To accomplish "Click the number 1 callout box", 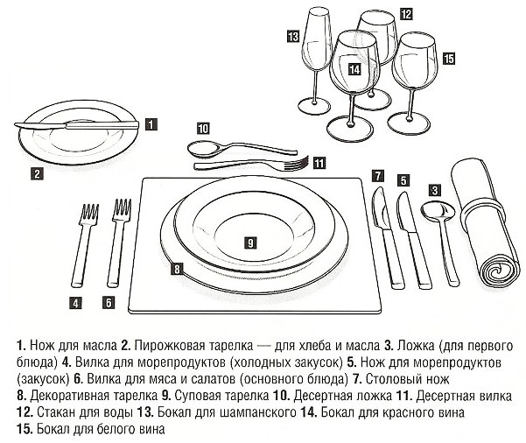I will click(152, 124).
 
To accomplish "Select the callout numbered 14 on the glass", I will click(354, 69).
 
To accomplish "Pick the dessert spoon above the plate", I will click(232, 148).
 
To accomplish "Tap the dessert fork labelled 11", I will click(249, 164).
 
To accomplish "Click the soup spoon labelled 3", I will click(437, 236).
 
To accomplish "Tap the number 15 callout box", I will click(449, 59).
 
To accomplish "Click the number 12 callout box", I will click(406, 14).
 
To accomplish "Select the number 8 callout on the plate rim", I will click(178, 270).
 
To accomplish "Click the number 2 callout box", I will click(37, 172).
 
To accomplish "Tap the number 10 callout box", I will click(203, 127).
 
